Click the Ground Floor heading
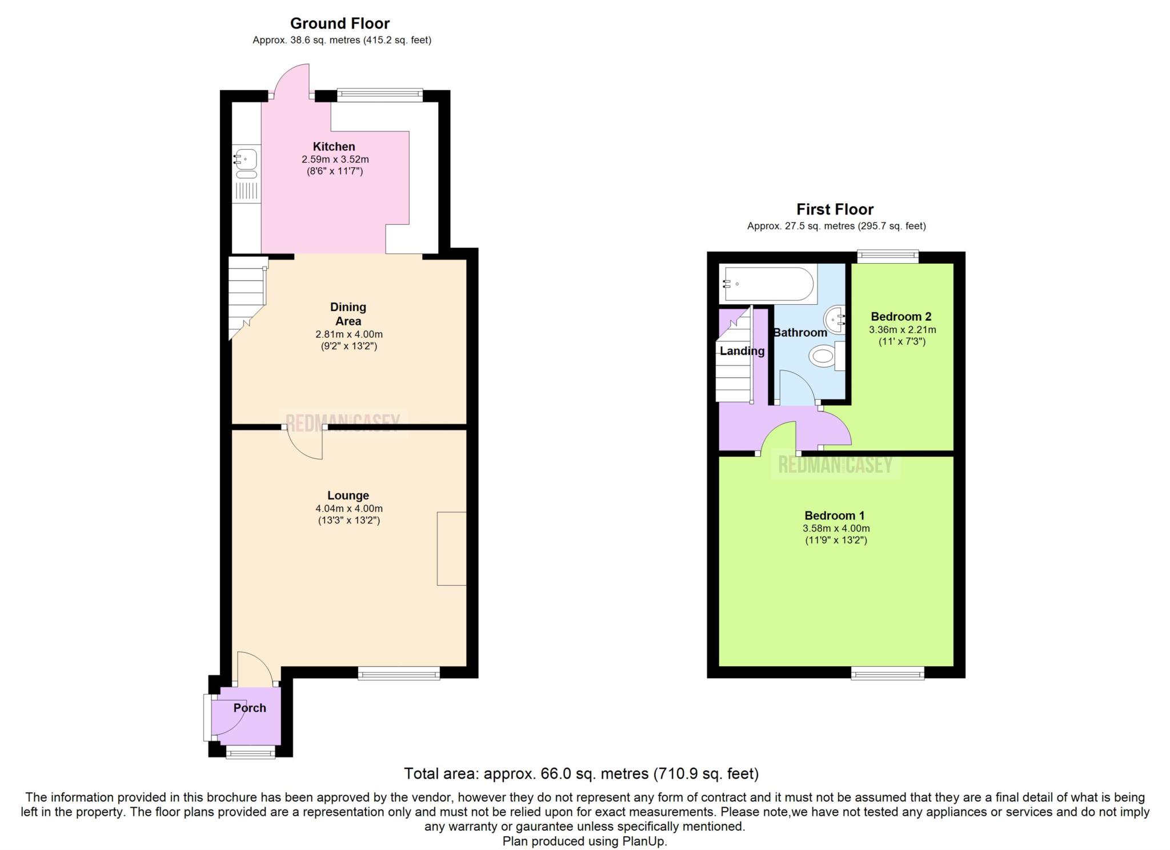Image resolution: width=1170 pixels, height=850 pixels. pos(339,23)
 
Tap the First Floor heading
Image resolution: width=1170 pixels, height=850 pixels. pos(835,210)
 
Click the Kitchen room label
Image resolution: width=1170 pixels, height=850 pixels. pos(334,147)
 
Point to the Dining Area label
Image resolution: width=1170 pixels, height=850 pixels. pos(348,314)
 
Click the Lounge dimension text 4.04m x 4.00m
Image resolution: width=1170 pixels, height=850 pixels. pos(349,509)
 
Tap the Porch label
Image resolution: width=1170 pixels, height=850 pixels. pos(250,708)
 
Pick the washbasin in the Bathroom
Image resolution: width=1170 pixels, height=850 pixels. pos(837,320)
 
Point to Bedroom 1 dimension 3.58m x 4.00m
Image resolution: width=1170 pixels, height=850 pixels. pos(836,529)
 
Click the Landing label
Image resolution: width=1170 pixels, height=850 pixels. pos(742,351)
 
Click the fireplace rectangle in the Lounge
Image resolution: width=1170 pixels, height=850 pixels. pos(452,549)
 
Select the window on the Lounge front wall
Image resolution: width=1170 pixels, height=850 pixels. pos(399,674)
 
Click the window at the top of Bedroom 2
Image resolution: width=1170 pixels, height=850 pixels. pos(887,257)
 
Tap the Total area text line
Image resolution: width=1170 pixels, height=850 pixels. pos(582,774)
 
